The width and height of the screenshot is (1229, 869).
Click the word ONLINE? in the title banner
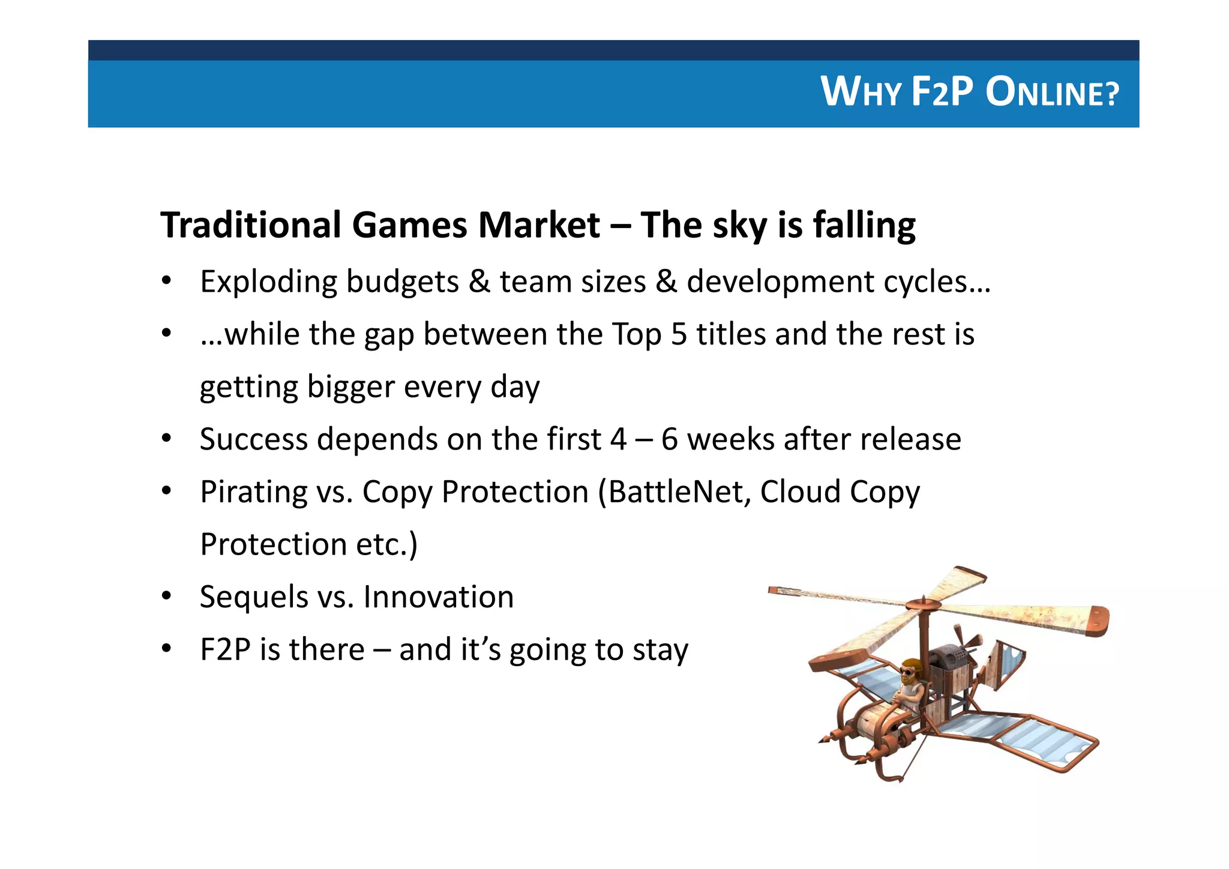point(1052,93)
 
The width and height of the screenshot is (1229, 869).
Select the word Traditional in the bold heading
point(250,225)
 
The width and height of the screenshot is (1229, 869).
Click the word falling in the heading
point(864,226)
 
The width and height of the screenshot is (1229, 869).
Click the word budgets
point(402,282)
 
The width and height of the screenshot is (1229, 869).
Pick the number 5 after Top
point(678,334)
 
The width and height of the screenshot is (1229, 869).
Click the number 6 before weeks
point(669,439)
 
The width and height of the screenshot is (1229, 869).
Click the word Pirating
point(253,492)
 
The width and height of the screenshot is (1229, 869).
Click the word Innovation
point(438,597)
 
